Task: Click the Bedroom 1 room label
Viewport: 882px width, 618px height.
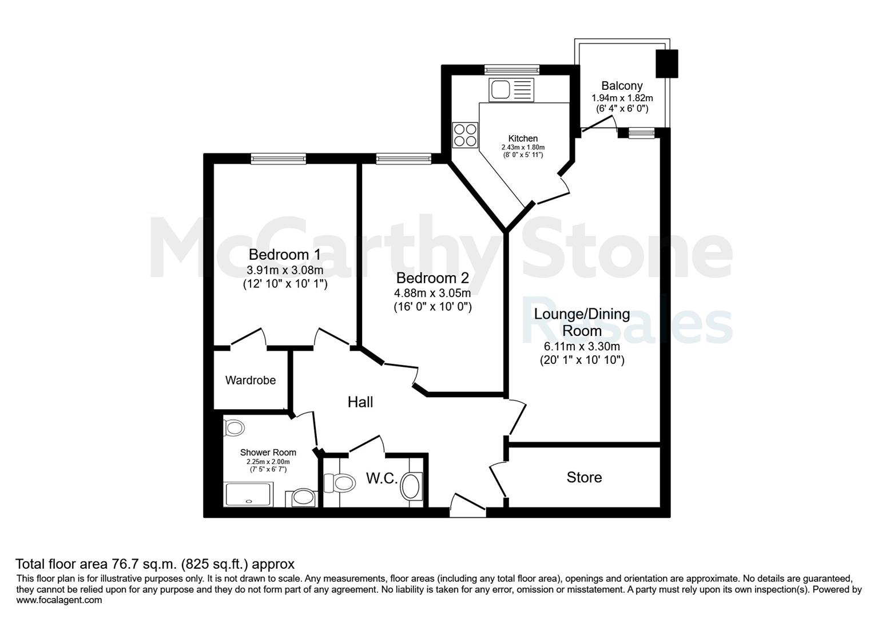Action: pos(285,255)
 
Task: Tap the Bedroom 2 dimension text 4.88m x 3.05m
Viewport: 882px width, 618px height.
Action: pos(432,293)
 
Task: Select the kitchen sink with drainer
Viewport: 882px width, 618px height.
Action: pos(511,89)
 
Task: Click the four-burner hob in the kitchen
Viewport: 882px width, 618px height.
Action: pos(465,134)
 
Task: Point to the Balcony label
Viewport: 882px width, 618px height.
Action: pos(622,85)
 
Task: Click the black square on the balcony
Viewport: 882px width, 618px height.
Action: pos(666,64)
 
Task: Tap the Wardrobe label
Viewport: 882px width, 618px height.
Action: pos(251,380)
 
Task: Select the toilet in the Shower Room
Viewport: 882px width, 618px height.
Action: pos(233,427)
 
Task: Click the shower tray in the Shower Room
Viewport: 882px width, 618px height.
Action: pos(248,494)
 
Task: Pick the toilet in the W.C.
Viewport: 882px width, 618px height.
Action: pos(339,483)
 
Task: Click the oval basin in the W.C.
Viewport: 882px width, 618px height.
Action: pos(411,486)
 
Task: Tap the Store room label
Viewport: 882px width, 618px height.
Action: pos(584,477)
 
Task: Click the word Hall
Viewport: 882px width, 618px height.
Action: pos(360,402)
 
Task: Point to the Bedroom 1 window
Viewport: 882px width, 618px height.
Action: pos(279,159)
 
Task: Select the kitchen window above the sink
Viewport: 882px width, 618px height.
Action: pos(512,70)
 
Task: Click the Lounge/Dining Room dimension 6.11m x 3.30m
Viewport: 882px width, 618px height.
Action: pos(582,347)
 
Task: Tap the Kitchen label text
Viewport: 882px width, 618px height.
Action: pos(523,138)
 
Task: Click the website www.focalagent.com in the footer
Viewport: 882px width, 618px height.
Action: pos(59,600)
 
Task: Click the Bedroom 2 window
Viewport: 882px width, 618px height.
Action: pos(404,159)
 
